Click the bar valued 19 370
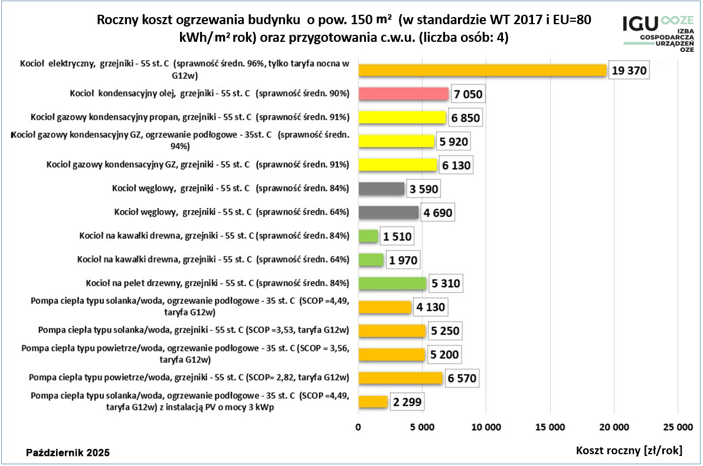point(482,70)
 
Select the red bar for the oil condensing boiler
point(403,94)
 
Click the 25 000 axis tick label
point(677,426)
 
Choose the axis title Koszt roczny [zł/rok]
point(629,451)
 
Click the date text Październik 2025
point(68,453)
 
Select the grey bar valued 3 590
point(381,189)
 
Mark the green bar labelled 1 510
point(368,236)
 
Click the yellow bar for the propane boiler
point(402,117)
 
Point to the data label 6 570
point(460,379)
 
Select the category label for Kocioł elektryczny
point(185,69)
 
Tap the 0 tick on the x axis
point(359,426)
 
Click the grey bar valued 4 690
point(388,212)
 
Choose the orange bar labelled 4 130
point(385,307)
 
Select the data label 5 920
point(454,142)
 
